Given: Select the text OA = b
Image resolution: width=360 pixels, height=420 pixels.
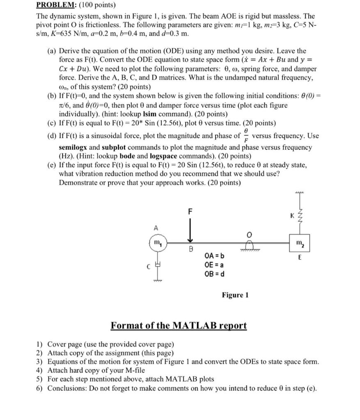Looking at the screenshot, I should (x=214, y=256).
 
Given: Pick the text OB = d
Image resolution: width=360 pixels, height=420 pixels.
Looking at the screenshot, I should (x=214, y=274).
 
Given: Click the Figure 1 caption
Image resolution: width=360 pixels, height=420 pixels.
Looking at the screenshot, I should (x=235, y=295).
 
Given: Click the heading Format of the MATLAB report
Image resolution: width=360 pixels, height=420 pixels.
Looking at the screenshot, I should (x=179, y=326).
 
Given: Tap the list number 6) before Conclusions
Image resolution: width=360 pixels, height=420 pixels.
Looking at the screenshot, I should (x=39, y=388).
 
